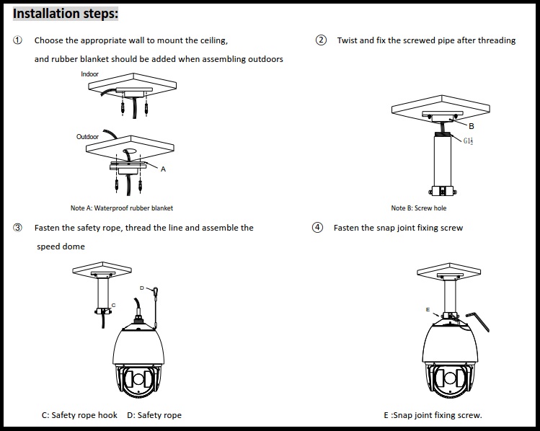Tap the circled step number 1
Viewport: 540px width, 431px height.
[x=17, y=40]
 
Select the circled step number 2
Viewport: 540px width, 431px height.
[x=321, y=40]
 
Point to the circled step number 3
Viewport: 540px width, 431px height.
[x=17, y=228]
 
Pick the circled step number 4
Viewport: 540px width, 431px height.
[x=317, y=228]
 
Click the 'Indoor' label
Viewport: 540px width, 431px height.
[x=89, y=74]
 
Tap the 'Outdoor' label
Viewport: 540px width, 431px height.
[x=87, y=136]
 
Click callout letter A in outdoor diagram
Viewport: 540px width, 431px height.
[x=163, y=169]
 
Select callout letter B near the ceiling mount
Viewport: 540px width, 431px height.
[x=471, y=126]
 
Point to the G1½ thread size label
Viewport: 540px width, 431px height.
[x=469, y=141]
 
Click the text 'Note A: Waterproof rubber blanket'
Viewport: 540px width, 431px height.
[x=122, y=208]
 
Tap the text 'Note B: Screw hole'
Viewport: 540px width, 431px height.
[x=419, y=208]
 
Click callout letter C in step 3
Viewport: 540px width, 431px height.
[x=113, y=305]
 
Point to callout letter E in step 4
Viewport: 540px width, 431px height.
[x=428, y=309]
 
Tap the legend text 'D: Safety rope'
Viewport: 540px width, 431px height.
[x=154, y=415]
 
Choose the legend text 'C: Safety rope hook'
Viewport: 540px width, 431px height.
[x=80, y=415]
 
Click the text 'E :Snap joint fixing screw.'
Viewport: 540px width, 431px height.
[x=433, y=415]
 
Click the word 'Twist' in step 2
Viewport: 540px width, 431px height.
[x=346, y=40]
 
